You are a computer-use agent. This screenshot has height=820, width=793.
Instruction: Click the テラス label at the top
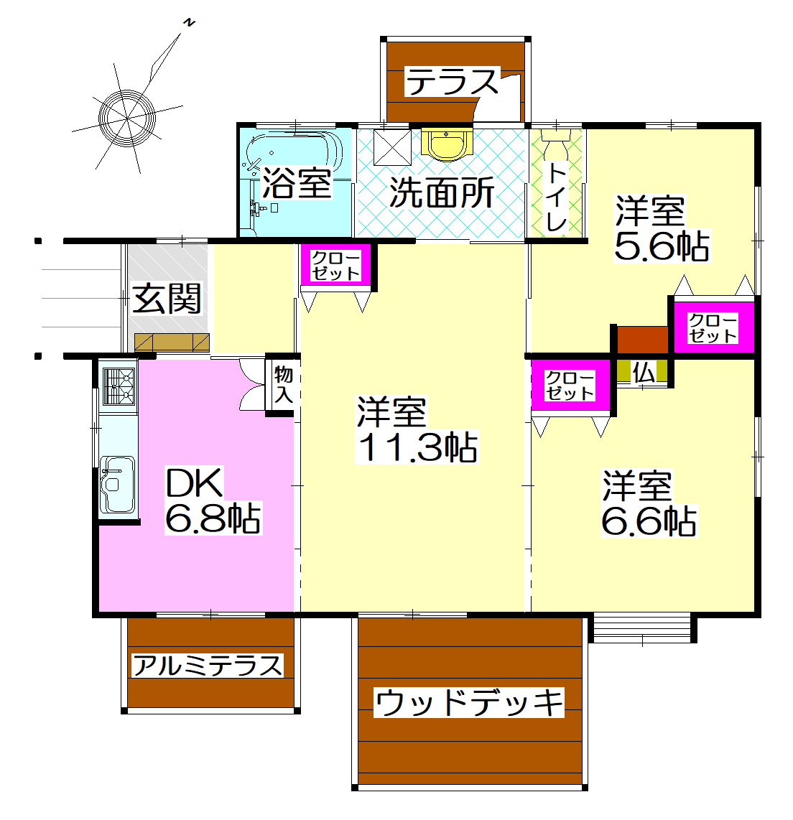(453, 82)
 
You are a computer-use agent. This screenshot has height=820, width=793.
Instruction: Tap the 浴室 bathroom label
(297, 182)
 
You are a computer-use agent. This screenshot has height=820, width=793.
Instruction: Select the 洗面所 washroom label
(442, 192)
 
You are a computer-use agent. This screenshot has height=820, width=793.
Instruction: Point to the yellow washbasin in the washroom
(447, 143)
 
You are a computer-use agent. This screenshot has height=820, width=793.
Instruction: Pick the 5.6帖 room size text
(662, 247)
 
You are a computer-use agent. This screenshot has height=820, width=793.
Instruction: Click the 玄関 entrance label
(167, 298)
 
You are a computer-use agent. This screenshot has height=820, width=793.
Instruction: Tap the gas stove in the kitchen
(119, 386)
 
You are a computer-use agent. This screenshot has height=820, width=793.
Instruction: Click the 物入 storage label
(283, 385)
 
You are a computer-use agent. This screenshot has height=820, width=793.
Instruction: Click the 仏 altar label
(644, 372)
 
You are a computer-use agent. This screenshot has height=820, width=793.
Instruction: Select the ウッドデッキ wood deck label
(469, 702)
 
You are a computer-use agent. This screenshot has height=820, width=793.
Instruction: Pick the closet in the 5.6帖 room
(713, 328)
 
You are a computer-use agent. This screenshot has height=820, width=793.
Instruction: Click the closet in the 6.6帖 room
(570, 386)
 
